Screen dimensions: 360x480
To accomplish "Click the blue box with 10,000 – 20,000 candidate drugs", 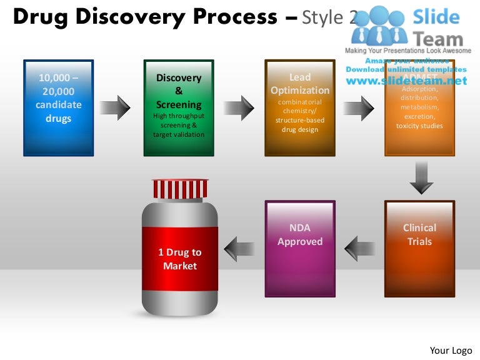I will click(x=58, y=107).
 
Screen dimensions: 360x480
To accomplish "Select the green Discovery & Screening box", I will click(x=179, y=107).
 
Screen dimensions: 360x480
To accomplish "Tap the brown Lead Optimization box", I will click(x=299, y=107).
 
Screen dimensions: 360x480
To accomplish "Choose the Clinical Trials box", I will click(x=419, y=248).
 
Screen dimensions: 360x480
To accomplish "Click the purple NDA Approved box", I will click(x=300, y=248).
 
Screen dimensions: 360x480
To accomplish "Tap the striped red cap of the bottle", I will click(x=180, y=188).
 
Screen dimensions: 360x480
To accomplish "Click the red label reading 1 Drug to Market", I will click(x=180, y=259).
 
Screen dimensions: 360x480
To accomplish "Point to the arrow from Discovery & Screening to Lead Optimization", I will click(x=239, y=108).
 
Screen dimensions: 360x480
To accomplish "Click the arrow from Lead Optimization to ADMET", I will click(x=358, y=108).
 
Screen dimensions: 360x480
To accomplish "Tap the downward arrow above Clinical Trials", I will click(x=420, y=177).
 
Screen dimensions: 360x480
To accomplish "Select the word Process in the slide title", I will click(x=231, y=17).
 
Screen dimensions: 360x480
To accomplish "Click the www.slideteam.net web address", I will click(x=406, y=81).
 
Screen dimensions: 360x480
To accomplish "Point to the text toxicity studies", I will click(x=419, y=126).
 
